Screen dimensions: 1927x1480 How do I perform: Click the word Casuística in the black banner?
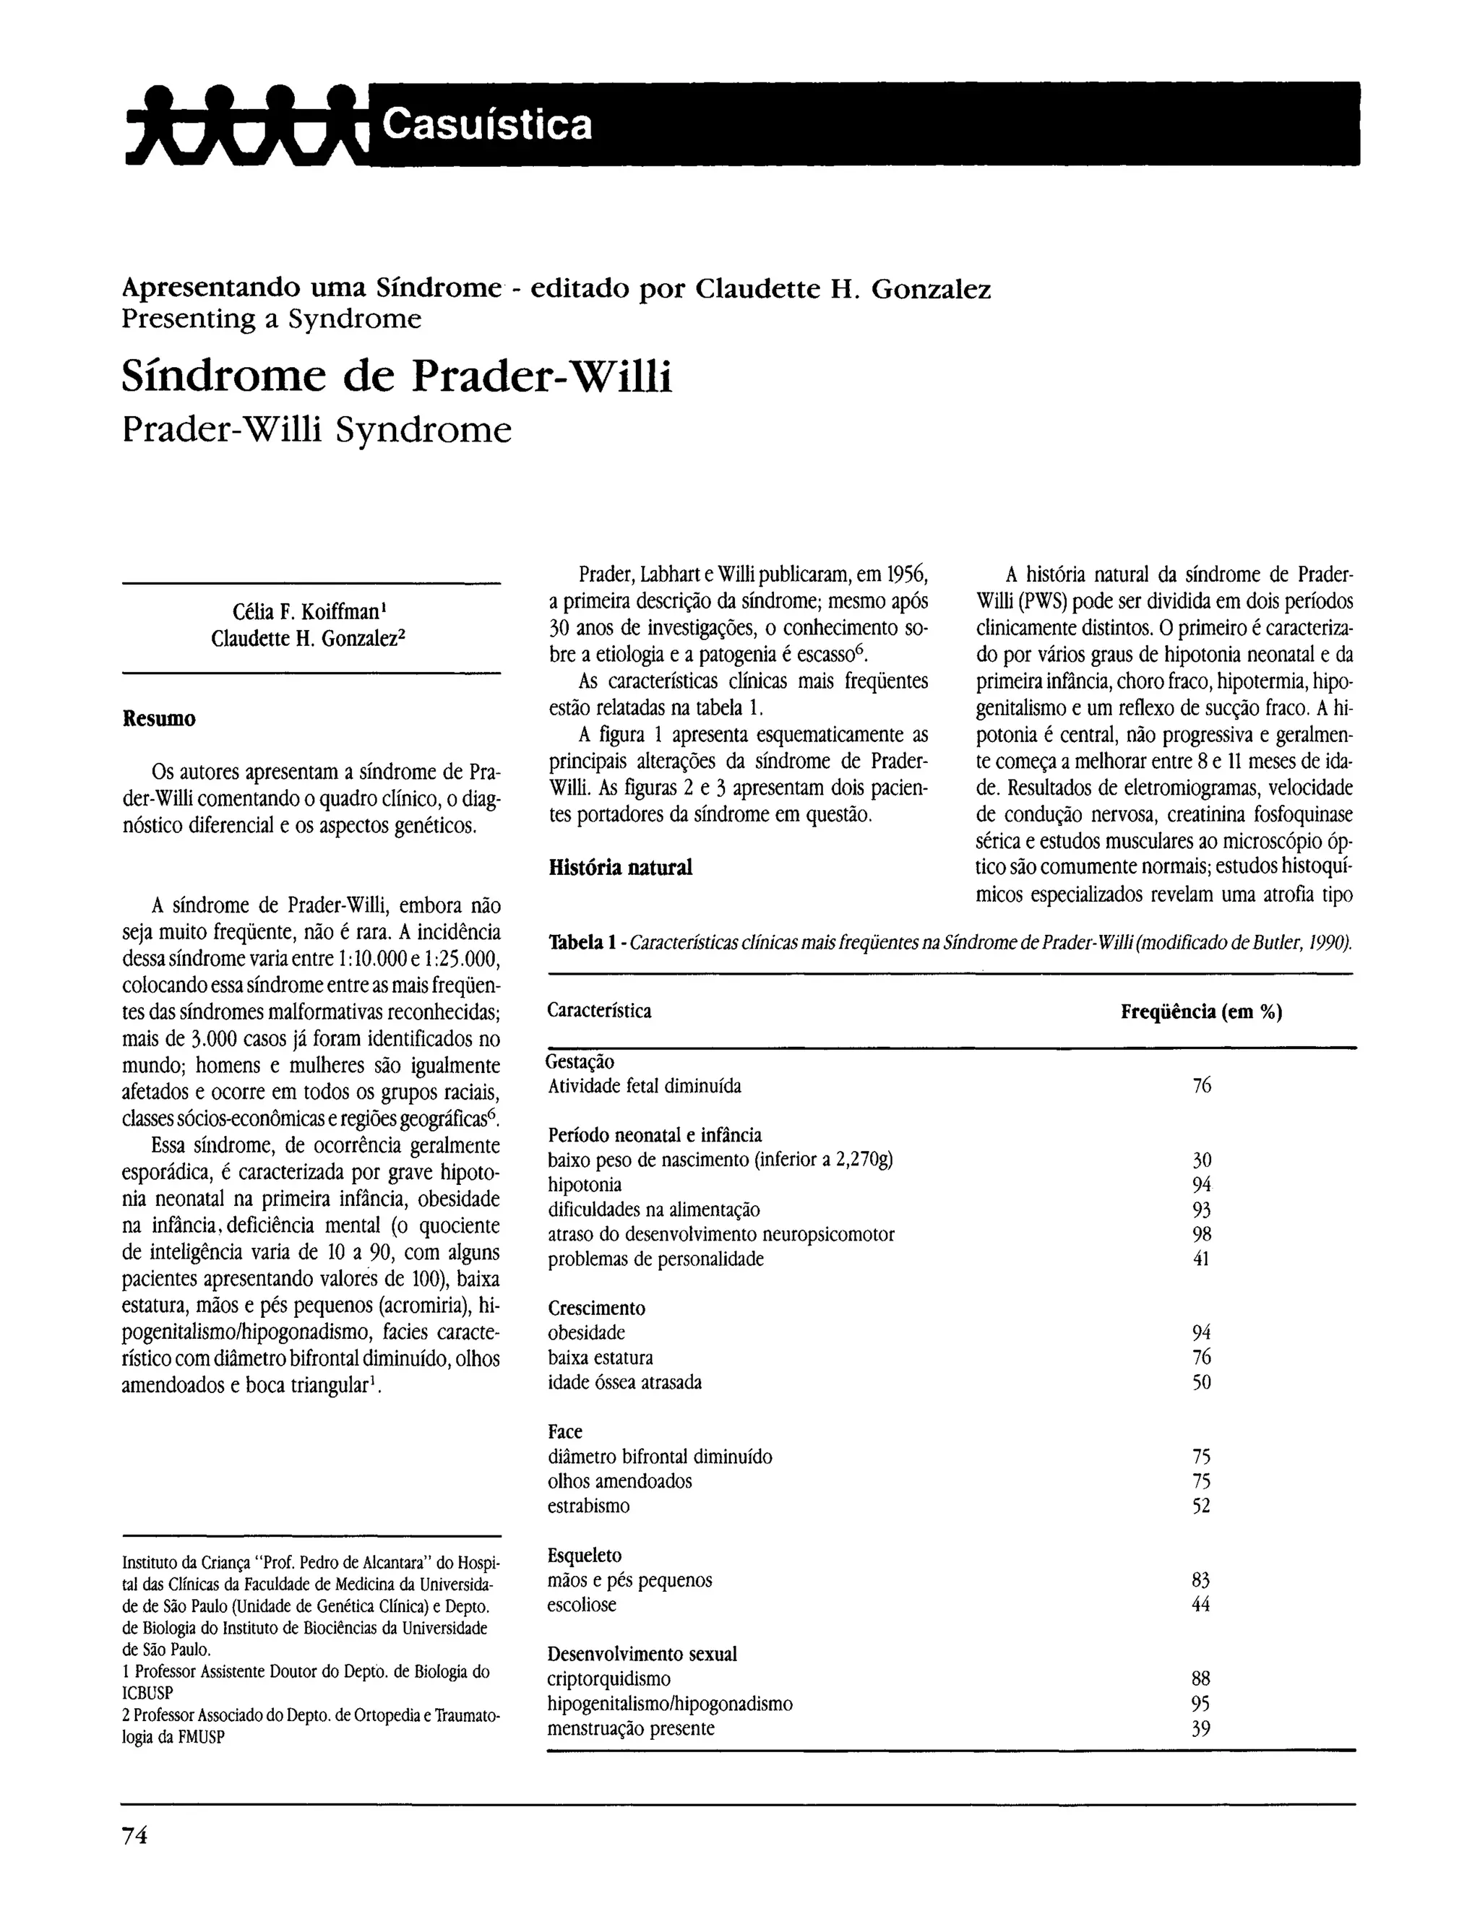pos(487,124)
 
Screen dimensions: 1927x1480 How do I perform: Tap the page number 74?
pos(135,1835)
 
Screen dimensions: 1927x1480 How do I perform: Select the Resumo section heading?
pos(158,719)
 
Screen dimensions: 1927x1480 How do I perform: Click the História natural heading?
pos(620,868)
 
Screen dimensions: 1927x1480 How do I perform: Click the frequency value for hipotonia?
pos(1201,1184)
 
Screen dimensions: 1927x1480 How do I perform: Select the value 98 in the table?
pos(1201,1234)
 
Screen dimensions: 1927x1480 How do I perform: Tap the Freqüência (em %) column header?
pos(1201,1012)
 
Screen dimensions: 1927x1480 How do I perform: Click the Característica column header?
pos(599,1011)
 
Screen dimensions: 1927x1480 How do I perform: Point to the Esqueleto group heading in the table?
pos(585,1556)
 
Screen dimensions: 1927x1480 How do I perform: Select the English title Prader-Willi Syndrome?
pos(317,430)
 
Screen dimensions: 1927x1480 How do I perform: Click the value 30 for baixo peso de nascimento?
pos(1201,1160)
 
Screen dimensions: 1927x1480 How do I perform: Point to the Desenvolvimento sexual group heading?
pos(642,1654)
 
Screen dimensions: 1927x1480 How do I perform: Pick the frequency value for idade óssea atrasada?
pos(1201,1381)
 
